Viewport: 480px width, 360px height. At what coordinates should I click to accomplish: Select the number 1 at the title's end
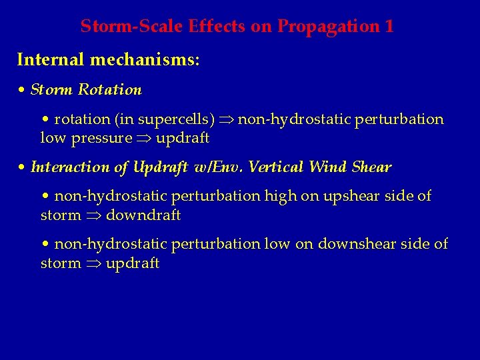[389, 27]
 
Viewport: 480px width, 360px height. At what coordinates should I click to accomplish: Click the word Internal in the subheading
[51, 60]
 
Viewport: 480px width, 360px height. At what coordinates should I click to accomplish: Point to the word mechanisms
[145, 60]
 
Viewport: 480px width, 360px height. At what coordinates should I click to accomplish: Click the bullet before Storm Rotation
[22, 90]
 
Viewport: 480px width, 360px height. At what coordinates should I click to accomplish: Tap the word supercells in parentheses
[175, 119]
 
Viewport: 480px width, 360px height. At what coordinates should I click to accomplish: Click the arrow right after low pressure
[144, 139]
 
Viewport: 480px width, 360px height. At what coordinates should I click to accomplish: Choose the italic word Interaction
[69, 167]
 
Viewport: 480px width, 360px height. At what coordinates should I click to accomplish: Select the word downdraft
[143, 215]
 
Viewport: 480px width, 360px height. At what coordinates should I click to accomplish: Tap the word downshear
[351, 244]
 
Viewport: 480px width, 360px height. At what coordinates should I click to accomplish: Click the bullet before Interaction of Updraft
[22, 168]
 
